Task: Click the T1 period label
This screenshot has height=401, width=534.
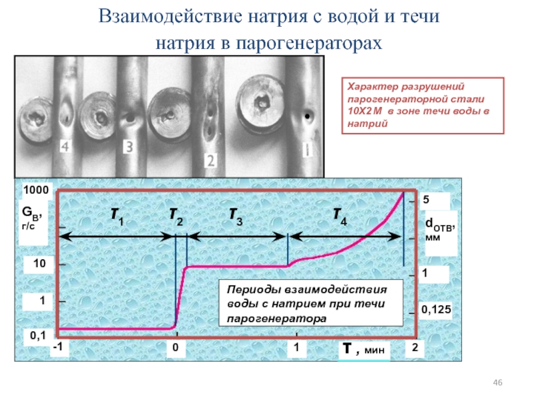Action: tap(117, 217)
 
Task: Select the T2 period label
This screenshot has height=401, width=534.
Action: tap(176, 215)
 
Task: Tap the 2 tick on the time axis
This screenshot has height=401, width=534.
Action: tap(415, 349)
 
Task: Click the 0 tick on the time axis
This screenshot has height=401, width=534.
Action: tap(175, 349)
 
